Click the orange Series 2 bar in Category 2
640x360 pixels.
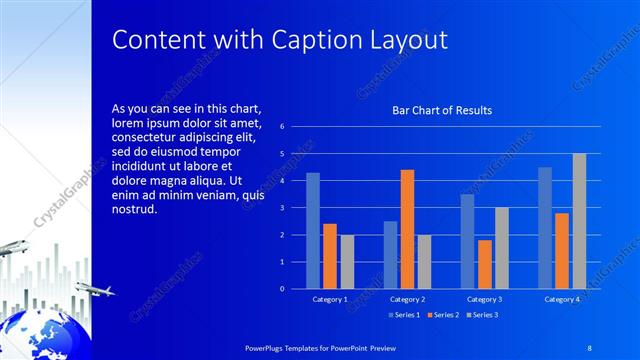407,229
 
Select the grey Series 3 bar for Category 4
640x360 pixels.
579,221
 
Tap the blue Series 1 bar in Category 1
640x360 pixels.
313,230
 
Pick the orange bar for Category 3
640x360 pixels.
485,264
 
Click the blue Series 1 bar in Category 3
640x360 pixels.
467,241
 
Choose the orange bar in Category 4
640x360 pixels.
562,250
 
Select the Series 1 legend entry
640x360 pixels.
403,315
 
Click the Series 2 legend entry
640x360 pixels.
442,315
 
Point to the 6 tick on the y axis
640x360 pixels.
283,127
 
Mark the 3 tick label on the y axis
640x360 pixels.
283,208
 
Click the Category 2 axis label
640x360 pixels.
407,299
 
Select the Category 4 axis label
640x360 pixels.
562,299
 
